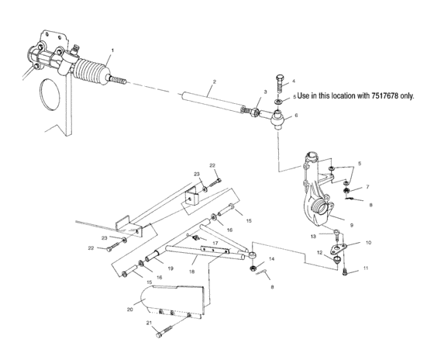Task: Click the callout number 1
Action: [112, 50]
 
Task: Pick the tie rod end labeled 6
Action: [277, 117]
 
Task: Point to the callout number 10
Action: [368, 243]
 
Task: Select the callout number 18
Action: [191, 273]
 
